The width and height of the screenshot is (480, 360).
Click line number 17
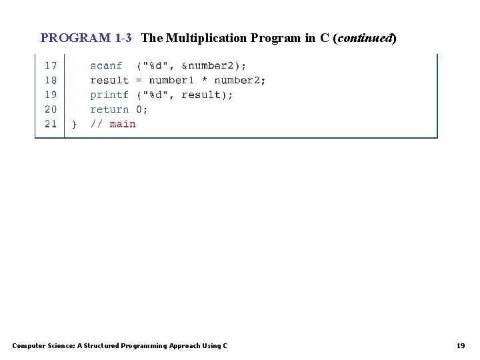(51, 65)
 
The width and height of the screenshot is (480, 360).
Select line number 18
(51, 80)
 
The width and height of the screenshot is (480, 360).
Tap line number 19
(51, 95)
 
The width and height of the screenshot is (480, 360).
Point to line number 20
(51, 109)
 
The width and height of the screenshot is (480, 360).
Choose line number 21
(51, 124)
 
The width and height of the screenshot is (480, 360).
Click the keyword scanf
(106, 65)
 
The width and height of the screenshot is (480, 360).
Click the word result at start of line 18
(109, 80)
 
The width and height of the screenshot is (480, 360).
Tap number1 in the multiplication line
(171, 80)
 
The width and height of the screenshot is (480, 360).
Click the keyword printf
(109, 95)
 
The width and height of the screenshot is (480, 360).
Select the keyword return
(109, 109)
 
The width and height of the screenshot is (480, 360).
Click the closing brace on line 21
(74, 124)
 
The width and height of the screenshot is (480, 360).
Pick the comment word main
(123, 124)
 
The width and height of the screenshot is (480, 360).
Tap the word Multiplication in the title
(207, 38)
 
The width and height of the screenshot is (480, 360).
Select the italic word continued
(366, 38)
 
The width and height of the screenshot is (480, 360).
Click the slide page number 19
(461, 345)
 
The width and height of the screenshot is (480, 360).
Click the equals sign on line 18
(139, 80)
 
